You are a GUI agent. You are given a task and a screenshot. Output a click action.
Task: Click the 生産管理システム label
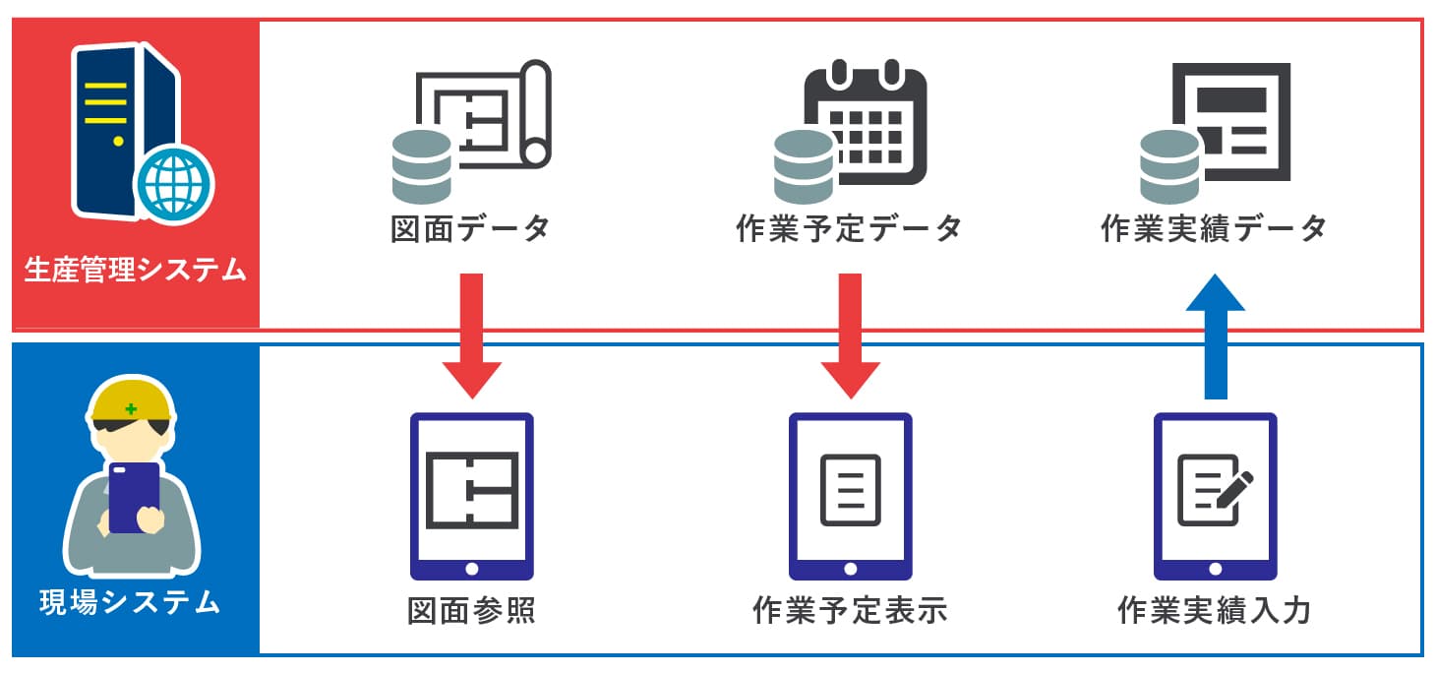tap(135, 270)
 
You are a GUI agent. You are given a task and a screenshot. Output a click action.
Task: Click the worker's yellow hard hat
tap(132, 398)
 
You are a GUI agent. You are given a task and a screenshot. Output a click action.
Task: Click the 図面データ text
tap(470, 229)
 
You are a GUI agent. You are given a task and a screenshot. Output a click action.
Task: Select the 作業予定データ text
tap(849, 229)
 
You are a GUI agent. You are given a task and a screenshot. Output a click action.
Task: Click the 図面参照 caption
tap(471, 611)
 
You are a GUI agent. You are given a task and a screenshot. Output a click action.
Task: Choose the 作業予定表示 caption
tap(850, 611)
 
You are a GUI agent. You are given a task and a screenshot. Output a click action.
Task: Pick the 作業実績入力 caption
tap(1215, 611)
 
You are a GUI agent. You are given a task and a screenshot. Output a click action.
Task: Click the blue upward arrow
tap(1216, 335)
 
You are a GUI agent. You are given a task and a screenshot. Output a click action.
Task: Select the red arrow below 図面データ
tap(471, 335)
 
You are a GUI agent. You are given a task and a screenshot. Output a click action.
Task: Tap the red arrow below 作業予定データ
tap(850, 335)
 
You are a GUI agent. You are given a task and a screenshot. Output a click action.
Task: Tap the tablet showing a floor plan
tap(471, 496)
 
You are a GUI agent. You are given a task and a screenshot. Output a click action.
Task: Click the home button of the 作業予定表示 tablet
tap(850, 568)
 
